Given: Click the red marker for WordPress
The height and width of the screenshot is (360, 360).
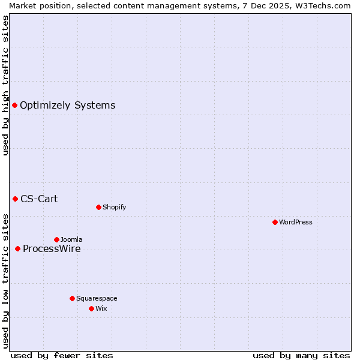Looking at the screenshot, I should (x=275, y=222).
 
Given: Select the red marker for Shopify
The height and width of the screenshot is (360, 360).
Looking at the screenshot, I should (x=98, y=207).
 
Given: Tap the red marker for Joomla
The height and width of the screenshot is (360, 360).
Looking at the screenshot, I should (x=56, y=239).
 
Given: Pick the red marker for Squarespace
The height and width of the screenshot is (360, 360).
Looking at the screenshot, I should (x=72, y=298).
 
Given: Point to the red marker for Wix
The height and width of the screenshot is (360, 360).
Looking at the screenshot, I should (x=91, y=308).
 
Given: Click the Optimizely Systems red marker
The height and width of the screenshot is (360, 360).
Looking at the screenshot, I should (x=14, y=106).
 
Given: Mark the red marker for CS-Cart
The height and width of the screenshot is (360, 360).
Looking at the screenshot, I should (x=15, y=199).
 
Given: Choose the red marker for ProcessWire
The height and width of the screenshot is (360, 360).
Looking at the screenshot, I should (x=17, y=248).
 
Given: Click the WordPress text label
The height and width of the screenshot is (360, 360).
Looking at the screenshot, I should (x=296, y=222).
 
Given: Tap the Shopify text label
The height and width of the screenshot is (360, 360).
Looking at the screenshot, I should (x=114, y=207).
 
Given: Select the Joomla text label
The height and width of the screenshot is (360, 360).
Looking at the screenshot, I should (x=71, y=239).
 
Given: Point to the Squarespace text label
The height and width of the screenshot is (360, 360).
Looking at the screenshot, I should (x=97, y=298).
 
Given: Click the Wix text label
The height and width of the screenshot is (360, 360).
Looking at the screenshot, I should (x=101, y=308).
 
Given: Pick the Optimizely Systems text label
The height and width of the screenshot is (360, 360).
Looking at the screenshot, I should (x=67, y=106).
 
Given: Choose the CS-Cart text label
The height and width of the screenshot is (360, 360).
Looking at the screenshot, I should (x=39, y=199).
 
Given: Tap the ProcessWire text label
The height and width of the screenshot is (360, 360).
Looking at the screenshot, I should (x=52, y=249).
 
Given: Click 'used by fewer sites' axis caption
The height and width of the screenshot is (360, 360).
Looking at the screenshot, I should (x=62, y=355).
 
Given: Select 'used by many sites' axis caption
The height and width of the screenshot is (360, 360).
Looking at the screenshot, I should (x=301, y=355).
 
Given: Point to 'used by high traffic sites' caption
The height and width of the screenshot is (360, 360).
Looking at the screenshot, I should (x=6, y=85).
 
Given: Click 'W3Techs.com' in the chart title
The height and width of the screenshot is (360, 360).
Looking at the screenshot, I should (x=325, y=5).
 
